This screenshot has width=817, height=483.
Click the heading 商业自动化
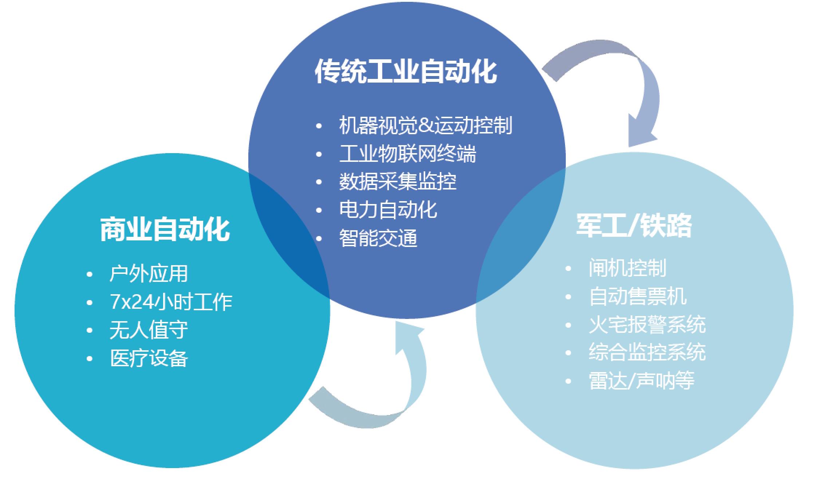165,229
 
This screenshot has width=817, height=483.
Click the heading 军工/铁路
634,225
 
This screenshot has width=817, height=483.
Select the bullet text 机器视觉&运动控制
426,125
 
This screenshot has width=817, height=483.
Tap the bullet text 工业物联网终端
408,153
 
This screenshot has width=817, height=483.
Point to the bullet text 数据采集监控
398,181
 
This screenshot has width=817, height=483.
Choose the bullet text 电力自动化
388,210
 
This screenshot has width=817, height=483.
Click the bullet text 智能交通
378,238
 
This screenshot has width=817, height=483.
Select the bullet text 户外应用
149,274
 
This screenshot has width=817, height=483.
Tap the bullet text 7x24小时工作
171,302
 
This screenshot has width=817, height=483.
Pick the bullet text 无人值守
149,330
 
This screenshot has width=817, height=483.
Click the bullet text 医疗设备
149,358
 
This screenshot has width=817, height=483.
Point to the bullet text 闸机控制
627,268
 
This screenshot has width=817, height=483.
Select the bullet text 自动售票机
638,296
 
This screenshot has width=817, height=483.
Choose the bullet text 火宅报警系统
647,324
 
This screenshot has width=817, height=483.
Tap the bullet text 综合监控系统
647,352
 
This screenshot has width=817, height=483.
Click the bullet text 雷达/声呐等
642,381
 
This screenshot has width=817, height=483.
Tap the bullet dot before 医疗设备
90,359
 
